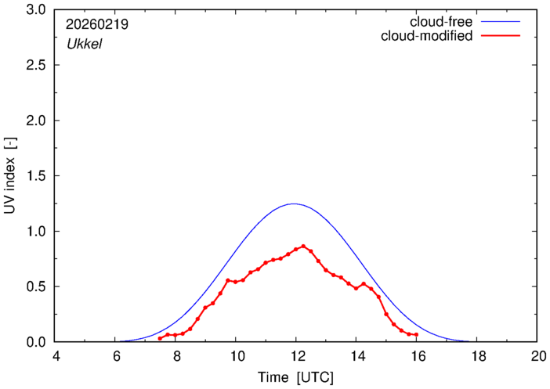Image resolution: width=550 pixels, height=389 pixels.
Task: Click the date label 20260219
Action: pos(98,24)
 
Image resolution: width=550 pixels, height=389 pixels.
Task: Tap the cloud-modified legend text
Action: pos(426,36)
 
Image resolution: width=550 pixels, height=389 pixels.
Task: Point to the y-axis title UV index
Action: pos(11,177)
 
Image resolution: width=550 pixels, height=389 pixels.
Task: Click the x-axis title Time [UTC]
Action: pos(296,377)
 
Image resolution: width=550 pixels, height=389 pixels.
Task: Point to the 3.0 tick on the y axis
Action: pos(36,10)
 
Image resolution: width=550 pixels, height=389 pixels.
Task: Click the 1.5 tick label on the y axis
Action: pos(36,176)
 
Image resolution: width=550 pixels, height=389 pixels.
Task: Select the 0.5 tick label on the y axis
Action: pos(36,286)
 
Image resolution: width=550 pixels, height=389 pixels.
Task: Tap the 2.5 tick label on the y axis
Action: pos(36,66)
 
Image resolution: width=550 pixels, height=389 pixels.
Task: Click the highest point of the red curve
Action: pos(303,246)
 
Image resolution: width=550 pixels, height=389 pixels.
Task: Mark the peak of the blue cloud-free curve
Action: pos(295,204)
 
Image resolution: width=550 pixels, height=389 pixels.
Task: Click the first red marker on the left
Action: pos(160,338)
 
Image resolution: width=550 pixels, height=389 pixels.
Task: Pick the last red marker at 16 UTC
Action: pos(416,335)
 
